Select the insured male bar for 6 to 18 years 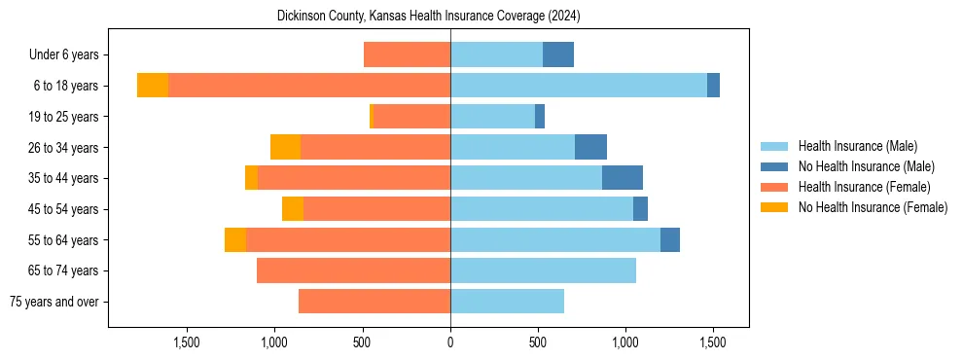[578, 86]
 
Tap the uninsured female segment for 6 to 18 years [153, 86]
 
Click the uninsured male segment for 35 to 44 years [623, 178]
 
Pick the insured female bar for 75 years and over [374, 302]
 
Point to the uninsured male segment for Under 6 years [558, 54]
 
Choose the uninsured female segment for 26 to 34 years [285, 147]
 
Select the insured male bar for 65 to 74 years [543, 270]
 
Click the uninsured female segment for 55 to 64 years [235, 240]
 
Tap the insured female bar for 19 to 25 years [411, 117]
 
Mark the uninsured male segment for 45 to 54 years [640, 209]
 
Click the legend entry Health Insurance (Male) [857, 146]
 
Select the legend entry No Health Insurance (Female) [873, 207]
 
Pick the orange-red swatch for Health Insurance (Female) [775, 187]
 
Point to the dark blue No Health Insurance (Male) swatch [775, 166]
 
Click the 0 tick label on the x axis [450, 342]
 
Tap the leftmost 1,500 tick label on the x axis [187, 342]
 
